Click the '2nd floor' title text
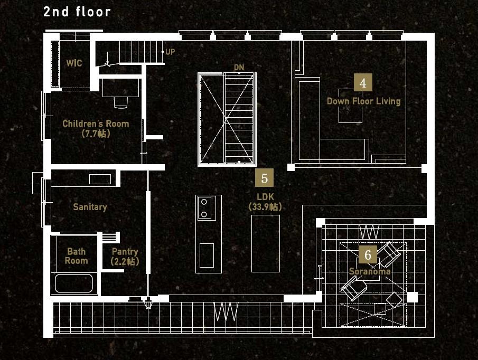[77, 12]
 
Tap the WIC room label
[74, 63]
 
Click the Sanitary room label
[90, 207]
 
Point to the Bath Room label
[76, 256]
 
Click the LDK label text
[265, 197]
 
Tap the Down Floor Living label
[364, 101]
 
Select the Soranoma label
[370, 271]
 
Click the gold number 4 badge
[363, 82]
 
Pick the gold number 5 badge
[264, 178]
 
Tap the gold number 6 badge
[368, 254]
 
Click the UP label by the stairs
[170, 52]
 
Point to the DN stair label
[239, 68]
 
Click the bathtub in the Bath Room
[74, 283]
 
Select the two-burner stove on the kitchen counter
[207, 208]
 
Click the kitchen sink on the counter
[207, 255]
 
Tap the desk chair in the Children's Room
[121, 102]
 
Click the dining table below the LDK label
[266, 243]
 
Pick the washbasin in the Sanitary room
[100, 179]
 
